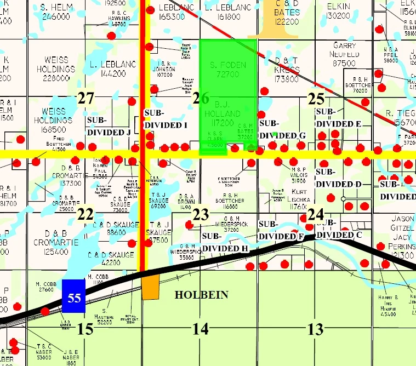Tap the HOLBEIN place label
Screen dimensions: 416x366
[201, 295]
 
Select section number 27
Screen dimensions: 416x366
[86, 99]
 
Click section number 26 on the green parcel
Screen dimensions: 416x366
[201, 99]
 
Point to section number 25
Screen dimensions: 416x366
[316, 99]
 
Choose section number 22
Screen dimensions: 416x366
[86, 214]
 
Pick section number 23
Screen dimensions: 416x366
[201, 214]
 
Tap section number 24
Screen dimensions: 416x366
[315, 214]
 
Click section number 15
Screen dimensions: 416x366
[86, 329]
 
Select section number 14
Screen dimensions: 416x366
[201, 329]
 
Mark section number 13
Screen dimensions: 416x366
[315, 329]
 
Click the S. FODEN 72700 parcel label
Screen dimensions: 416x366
[228, 69]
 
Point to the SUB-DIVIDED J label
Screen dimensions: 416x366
[109, 125]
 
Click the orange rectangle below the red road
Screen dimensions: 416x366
[151, 287]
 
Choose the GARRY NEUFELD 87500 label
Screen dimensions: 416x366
[344, 55]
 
